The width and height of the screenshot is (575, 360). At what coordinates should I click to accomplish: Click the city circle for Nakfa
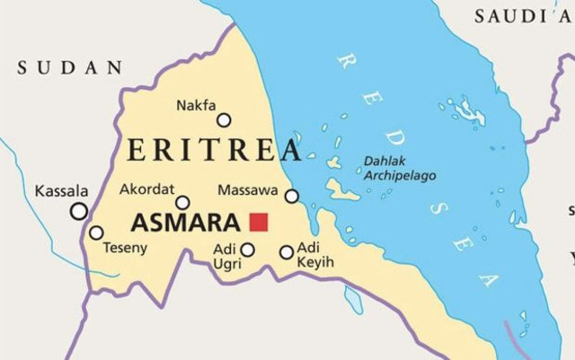(224, 120)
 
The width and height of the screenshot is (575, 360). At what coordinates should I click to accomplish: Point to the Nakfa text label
(196, 105)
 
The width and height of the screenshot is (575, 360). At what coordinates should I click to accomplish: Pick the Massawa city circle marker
(292, 196)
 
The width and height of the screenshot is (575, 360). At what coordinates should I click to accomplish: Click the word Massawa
(247, 190)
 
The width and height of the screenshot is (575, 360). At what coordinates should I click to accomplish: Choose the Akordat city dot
(182, 203)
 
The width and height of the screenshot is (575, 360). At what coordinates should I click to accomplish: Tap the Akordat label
(147, 189)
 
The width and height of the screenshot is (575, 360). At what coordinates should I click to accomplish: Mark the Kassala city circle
(79, 211)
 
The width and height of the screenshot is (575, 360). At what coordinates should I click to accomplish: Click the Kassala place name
(62, 191)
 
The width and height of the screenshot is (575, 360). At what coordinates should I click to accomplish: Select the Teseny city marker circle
(96, 233)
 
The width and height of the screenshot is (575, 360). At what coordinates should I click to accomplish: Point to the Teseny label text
(125, 248)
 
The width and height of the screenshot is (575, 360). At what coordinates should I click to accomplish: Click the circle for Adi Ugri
(247, 250)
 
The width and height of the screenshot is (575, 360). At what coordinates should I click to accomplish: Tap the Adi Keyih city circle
(287, 252)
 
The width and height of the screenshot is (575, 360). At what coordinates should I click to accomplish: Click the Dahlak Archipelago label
(400, 169)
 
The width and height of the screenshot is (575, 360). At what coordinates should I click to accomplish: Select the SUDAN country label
(70, 67)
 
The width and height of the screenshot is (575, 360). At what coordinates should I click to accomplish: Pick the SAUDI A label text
(522, 15)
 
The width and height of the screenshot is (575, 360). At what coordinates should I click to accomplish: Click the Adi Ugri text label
(225, 255)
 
